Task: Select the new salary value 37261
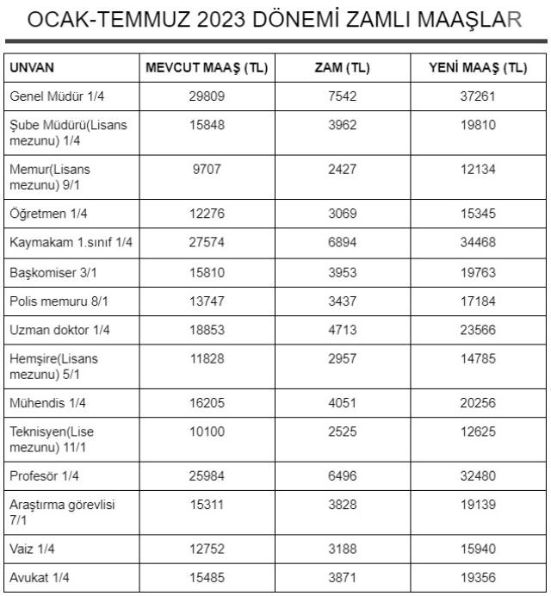coord(479,96)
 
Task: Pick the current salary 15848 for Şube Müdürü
coord(206,125)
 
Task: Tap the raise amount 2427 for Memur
coord(343,170)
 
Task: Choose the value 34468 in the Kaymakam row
coord(479,243)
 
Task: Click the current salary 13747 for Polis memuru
coord(206,301)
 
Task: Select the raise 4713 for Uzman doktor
coord(343,330)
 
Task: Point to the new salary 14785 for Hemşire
coord(479,358)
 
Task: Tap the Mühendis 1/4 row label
coord(46,402)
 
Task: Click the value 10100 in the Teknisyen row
coord(206,431)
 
